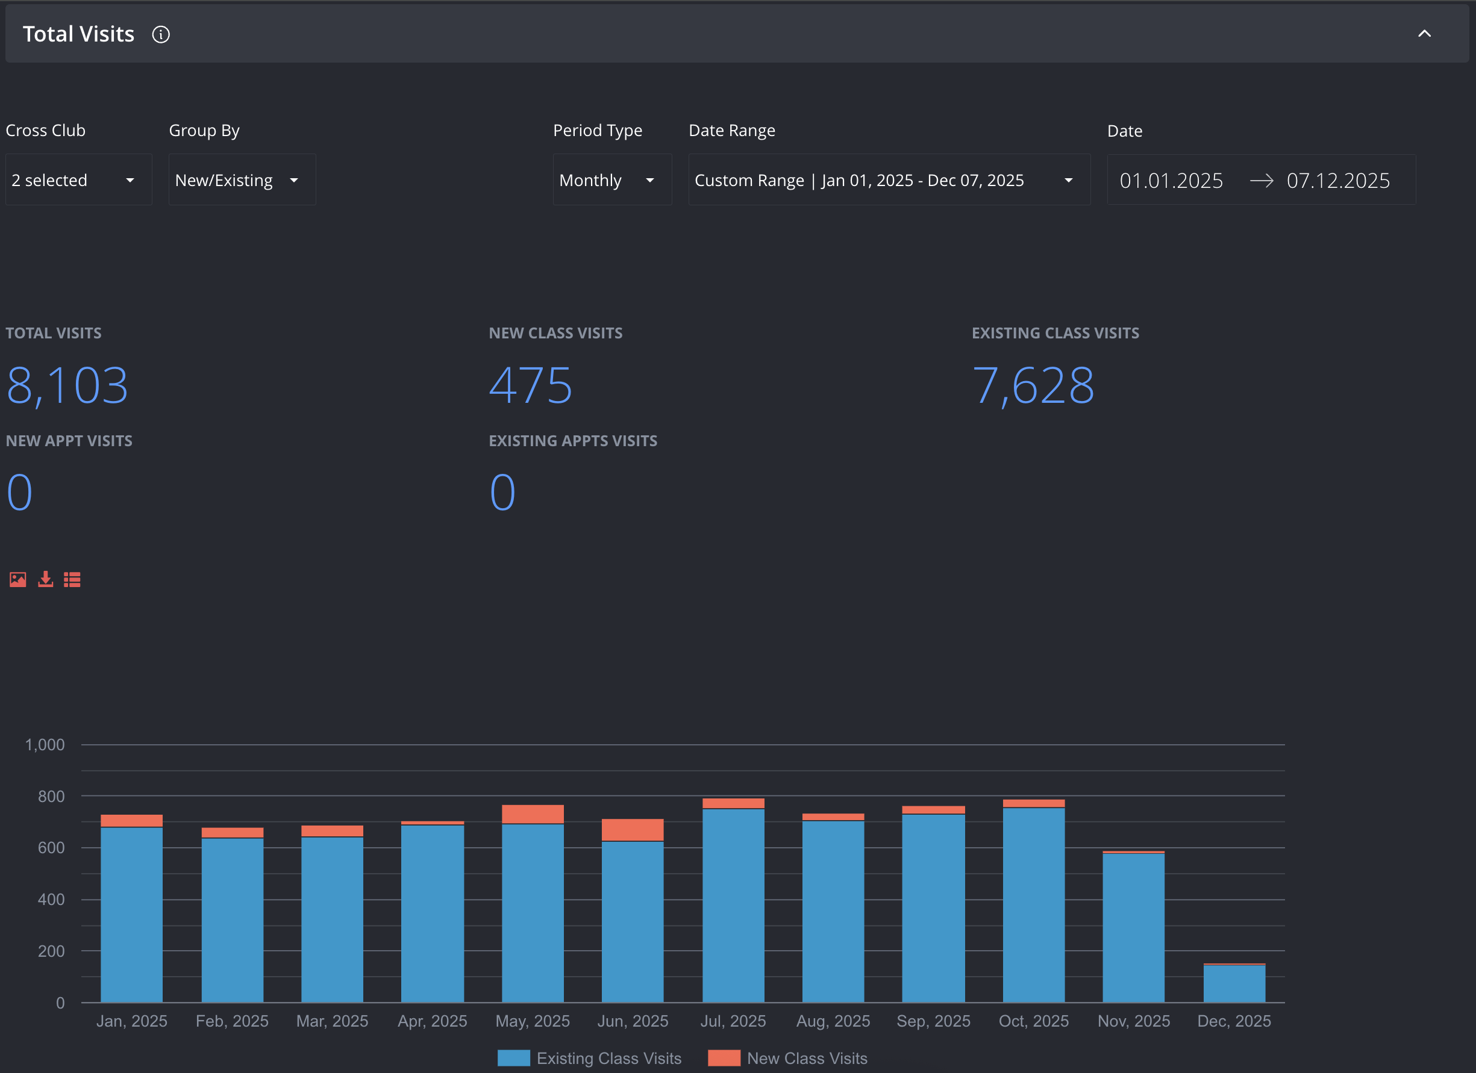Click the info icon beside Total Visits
[x=161, y=34]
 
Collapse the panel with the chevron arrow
[x=1425, y=34]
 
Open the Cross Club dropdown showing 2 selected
[x=79, y=180]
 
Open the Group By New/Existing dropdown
[x=242, y=180]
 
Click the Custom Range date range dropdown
[x=889, y=180]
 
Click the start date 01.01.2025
[x=1171, y=181]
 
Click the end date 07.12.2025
[x=1338, y=181]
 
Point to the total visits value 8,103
[x=67, y=385]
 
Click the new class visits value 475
[x=530, y=385]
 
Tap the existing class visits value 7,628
[x=1033, y=385]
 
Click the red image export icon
[x=18, y=579]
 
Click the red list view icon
[x=72, y=579]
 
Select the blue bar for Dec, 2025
[x=1234, y=984]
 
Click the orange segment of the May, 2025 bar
[x=533, y=814]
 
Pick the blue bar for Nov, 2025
[x=1133, y=928]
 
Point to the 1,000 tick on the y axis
[x=45, y=745]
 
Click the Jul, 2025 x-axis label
[x=733, y=1021]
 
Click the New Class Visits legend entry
[x=787, y=1058]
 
